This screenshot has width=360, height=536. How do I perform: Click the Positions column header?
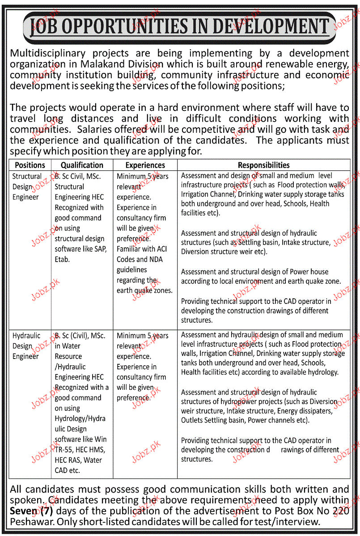coord(30,165)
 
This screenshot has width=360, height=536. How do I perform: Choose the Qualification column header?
coord(82,165)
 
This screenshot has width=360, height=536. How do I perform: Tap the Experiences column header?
coord(145,165)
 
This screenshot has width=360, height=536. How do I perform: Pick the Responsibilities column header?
coord(263,165)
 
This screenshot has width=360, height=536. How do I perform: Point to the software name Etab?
coord(63,259)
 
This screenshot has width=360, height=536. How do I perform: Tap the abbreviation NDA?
coord(156,259)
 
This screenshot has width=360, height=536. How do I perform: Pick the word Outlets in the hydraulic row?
coord(191,420)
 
